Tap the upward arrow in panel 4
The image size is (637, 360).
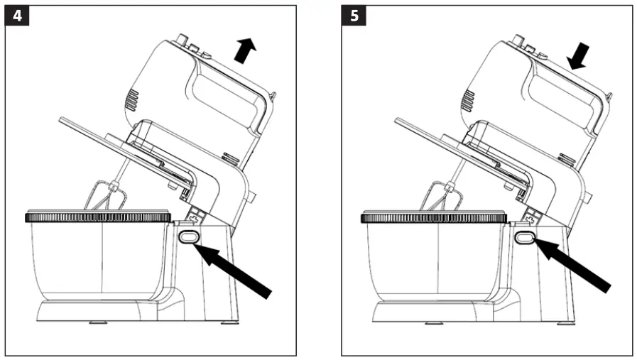coord(245,51)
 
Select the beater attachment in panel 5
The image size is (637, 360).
coord(440,196)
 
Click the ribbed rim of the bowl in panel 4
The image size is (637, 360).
coord(98,217)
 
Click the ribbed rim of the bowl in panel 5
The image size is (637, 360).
coord(434,217)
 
